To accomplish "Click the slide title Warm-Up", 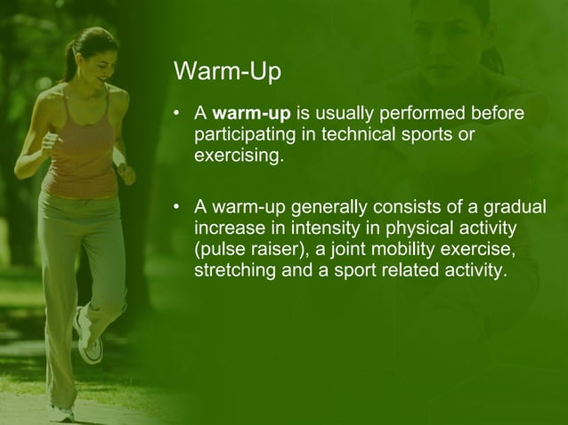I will point(219,71).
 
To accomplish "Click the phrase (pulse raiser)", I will point(244,250).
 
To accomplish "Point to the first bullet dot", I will point(179,115).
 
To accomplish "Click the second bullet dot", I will point(179,209).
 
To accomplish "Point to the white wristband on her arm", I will point(119,157).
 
